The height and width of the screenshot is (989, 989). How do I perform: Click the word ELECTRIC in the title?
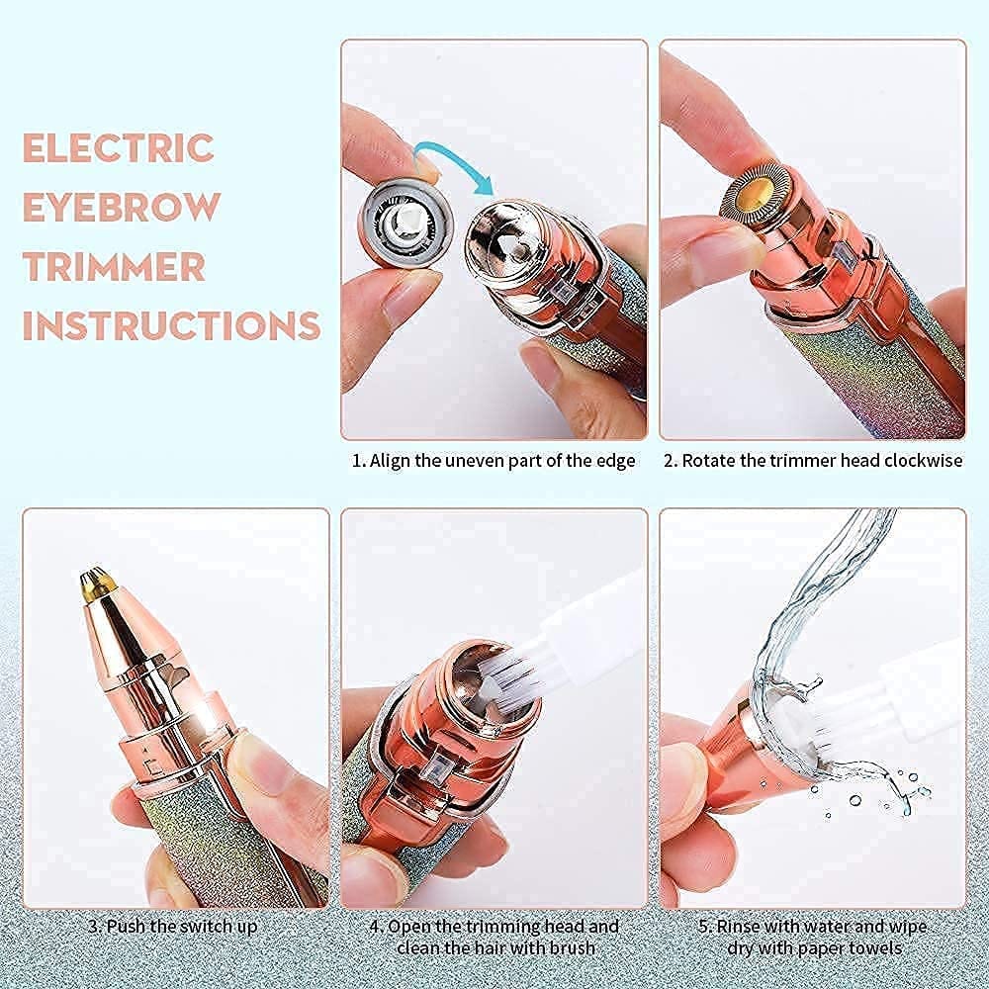[118, 147]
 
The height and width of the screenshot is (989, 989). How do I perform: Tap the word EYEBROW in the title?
[122, 207]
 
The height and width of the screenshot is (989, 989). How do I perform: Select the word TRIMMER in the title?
[114, 266]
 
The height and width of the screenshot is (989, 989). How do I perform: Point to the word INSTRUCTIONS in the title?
[171, 325]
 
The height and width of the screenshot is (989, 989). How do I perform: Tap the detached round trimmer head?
[406, 221]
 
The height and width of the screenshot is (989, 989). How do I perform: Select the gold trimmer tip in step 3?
[98, 583]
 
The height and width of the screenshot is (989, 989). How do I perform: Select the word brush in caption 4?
[571, 947]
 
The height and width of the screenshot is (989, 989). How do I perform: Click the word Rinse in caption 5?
[739, 927]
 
